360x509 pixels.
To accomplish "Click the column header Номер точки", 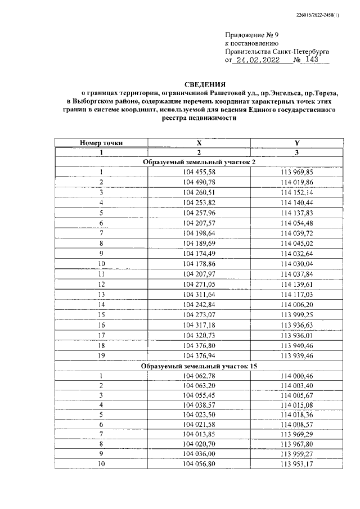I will [101, 143].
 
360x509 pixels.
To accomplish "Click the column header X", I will [199, 143].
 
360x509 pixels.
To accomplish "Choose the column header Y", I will [296, 143].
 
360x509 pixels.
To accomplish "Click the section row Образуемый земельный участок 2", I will [199, 163].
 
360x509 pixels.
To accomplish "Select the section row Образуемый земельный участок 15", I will [199, 367].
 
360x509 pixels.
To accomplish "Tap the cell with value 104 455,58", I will [199, 172].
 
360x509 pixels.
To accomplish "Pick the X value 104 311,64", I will [199, 294].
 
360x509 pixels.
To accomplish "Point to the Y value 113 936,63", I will [296, 325].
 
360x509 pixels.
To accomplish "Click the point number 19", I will [101, 356].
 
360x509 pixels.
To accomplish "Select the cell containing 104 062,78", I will [199, 377].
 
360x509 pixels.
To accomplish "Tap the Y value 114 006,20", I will [296, 304].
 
